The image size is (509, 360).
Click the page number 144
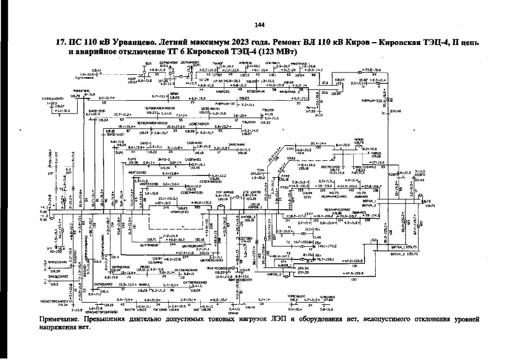click(x=259, y=25)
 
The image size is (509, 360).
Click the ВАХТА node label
click(x=129, y=308)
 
